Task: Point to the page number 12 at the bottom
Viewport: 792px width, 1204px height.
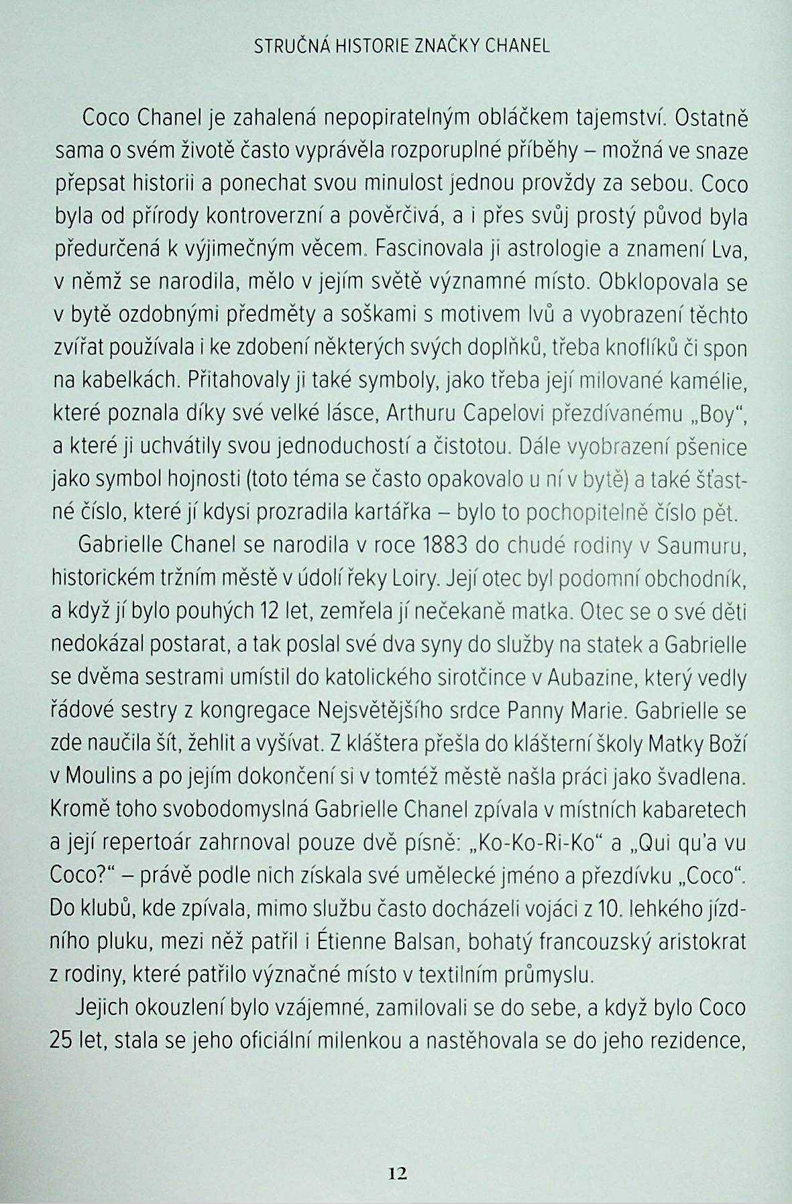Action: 397,1172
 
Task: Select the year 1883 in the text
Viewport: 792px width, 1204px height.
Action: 445,546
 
